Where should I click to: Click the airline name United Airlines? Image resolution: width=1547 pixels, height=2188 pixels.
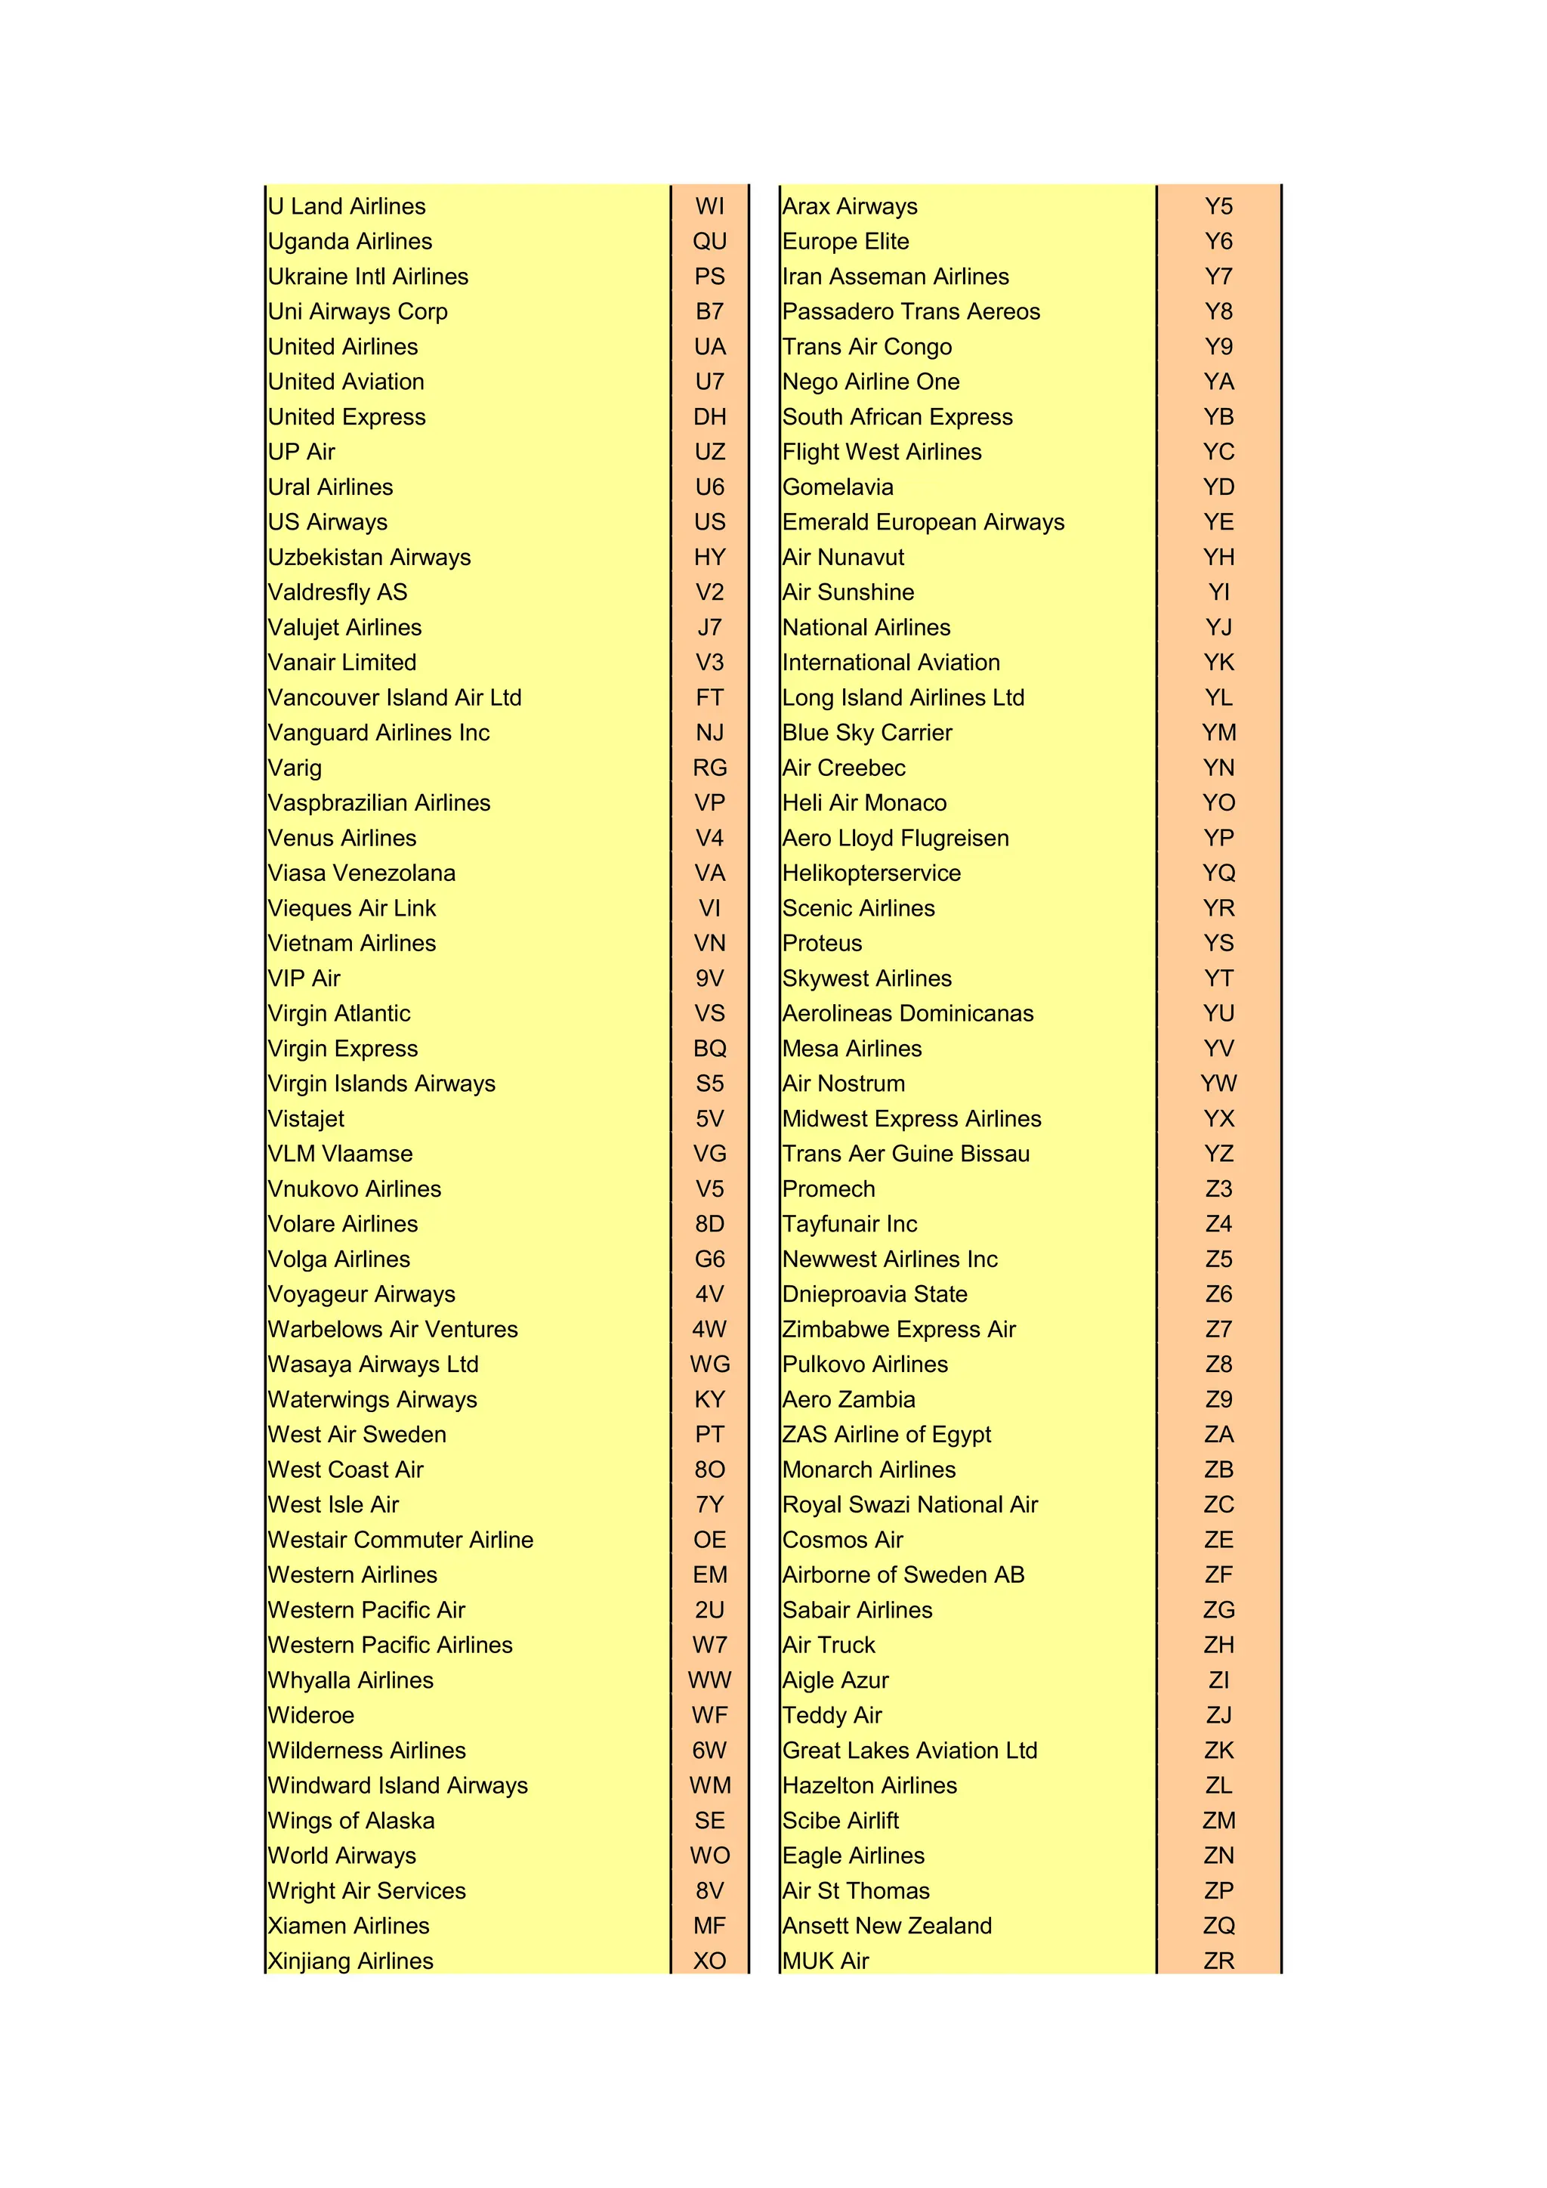[343, 347]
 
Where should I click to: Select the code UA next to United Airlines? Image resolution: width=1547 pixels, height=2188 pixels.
[710, 347]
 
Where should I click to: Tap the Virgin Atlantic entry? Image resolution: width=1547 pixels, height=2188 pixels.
[339, 1014]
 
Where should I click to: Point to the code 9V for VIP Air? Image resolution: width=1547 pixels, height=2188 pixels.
[710, 978]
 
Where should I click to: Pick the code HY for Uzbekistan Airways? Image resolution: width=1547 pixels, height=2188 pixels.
[710, 558]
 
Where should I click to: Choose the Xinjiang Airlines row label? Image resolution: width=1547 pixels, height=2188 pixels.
[350, 1961]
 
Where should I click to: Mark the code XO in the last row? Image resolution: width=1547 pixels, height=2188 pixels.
[710, 1961]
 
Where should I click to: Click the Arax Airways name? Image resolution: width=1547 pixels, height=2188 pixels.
[850, 207]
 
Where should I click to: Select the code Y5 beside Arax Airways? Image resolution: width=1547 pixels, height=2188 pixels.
[1218, 207]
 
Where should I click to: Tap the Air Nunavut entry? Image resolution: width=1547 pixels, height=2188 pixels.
[843, 558]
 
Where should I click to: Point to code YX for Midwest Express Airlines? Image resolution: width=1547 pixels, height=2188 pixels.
[1218, 1119]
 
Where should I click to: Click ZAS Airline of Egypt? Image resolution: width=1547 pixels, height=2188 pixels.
[887, 1435]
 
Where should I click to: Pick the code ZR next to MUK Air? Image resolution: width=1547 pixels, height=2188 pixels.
[1218, 1961]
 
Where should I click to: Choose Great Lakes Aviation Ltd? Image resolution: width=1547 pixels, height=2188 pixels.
[909, 1751]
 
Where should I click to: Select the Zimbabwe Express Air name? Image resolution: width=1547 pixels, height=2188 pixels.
[899, 1330]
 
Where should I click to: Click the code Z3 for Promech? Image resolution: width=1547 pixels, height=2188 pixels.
[1218, 1189]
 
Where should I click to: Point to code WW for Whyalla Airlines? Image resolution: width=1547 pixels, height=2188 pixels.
[710, 1680]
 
